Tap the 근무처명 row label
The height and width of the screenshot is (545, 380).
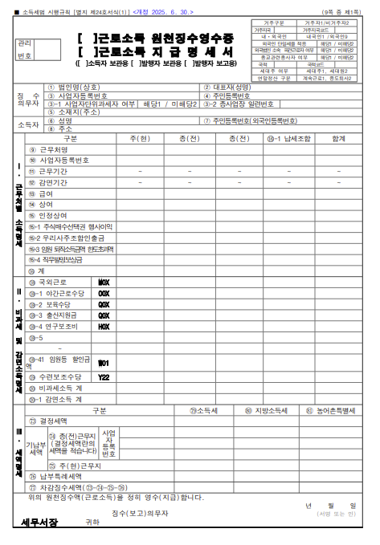click(53, 149)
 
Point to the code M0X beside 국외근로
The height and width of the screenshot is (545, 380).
click(104, 283)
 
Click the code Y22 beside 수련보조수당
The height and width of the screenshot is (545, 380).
click(104, 376)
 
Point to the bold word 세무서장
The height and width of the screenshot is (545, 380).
click(39, 523)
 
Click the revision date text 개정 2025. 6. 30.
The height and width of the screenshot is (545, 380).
click(164, 12)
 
